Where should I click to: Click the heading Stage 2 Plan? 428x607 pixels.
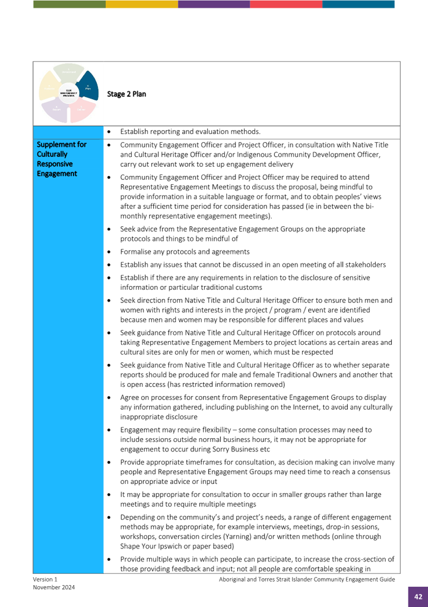126,94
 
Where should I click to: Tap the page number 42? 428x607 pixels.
418,597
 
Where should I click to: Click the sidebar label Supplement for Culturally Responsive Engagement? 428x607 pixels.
61,159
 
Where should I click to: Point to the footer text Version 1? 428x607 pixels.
45,580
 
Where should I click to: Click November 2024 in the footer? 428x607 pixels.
54,587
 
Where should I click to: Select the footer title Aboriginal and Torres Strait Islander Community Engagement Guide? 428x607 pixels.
307,580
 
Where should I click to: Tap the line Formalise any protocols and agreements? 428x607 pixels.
184,252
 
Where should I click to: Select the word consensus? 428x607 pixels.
373,472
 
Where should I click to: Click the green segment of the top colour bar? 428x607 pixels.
70,4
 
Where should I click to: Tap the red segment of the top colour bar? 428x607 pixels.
286,4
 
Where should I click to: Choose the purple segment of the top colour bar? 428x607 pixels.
214,4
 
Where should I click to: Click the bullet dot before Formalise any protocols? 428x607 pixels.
110,252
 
